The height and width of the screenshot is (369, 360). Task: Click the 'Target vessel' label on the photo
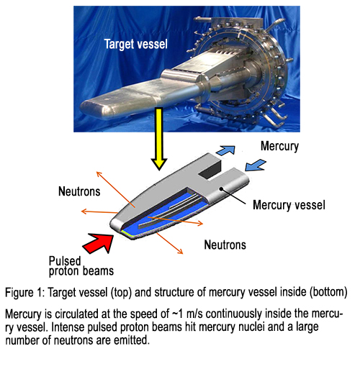[136, 44]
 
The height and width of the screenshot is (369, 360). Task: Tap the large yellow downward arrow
[158, 139]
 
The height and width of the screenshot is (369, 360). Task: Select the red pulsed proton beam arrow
[99, 242]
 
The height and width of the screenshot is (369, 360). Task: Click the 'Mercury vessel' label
[289, 205]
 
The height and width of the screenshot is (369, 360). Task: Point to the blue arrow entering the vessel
[256, 165]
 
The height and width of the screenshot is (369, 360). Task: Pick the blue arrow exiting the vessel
[225, 150]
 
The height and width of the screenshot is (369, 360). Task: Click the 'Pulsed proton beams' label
[81, 266]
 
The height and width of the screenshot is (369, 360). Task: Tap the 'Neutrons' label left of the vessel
[79, 191]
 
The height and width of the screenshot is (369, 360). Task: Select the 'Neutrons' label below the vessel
[225, 245]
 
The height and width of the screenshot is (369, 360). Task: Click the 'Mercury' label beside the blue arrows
[279, 146]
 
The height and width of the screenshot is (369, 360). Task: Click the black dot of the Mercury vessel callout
[222, 189]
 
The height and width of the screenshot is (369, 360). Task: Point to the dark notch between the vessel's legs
[211, 169]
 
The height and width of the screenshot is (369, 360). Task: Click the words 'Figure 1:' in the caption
[25, 293]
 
